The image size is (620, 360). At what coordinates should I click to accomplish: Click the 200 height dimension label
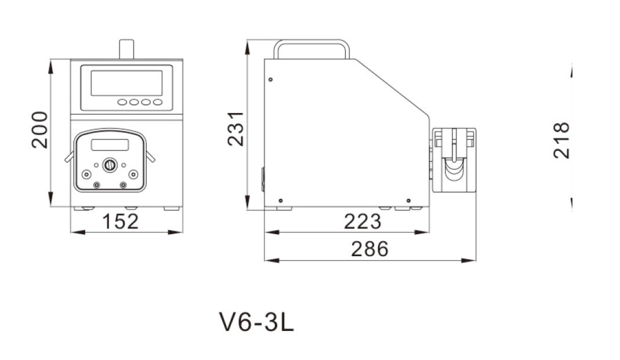pos(39,130)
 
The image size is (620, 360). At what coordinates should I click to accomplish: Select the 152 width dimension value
pos(121,221)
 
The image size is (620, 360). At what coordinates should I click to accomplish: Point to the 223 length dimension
pos(362,221)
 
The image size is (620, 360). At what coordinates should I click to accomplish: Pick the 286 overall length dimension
pos(369,249)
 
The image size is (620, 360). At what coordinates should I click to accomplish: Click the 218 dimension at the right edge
pos(561,140)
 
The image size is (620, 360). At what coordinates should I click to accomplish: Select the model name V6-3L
pos(256,322)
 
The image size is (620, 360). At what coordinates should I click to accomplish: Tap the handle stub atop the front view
pos(126,49)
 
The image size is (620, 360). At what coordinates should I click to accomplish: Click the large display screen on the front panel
pos(126,83)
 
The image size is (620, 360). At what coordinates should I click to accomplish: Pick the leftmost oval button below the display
pos(122,102)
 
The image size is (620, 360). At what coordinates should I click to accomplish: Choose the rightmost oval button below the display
pos(158,102)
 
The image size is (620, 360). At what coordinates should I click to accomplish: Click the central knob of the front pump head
pos(110,165)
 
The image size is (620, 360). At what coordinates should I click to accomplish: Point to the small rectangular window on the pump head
pos(110,145)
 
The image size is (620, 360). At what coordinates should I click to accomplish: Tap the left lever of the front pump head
pos(69,157)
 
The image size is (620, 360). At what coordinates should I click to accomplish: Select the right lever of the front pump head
pos(150,157)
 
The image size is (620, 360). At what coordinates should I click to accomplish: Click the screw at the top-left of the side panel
pos(270,79)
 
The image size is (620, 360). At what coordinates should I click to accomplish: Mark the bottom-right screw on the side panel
pos(409,201)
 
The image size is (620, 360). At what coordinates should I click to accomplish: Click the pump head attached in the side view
pos(454,160)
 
